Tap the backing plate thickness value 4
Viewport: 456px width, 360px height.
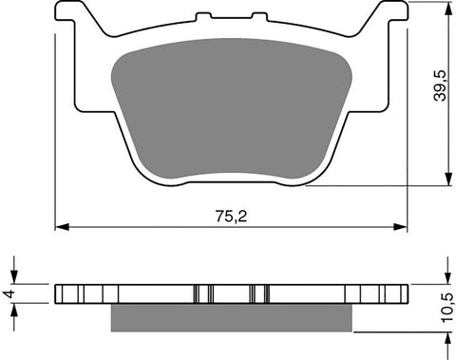click(10, 294)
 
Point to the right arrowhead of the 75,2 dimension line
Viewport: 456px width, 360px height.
click(402, 226)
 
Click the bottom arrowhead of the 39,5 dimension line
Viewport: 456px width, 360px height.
click(446, 180)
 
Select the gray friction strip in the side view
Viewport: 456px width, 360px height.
click(233, 317)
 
